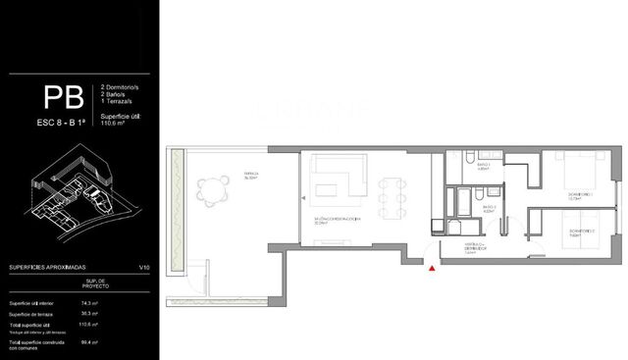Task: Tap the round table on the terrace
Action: (210, 192)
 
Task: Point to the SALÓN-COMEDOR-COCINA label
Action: (339, 220)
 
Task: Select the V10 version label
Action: (144, 267)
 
